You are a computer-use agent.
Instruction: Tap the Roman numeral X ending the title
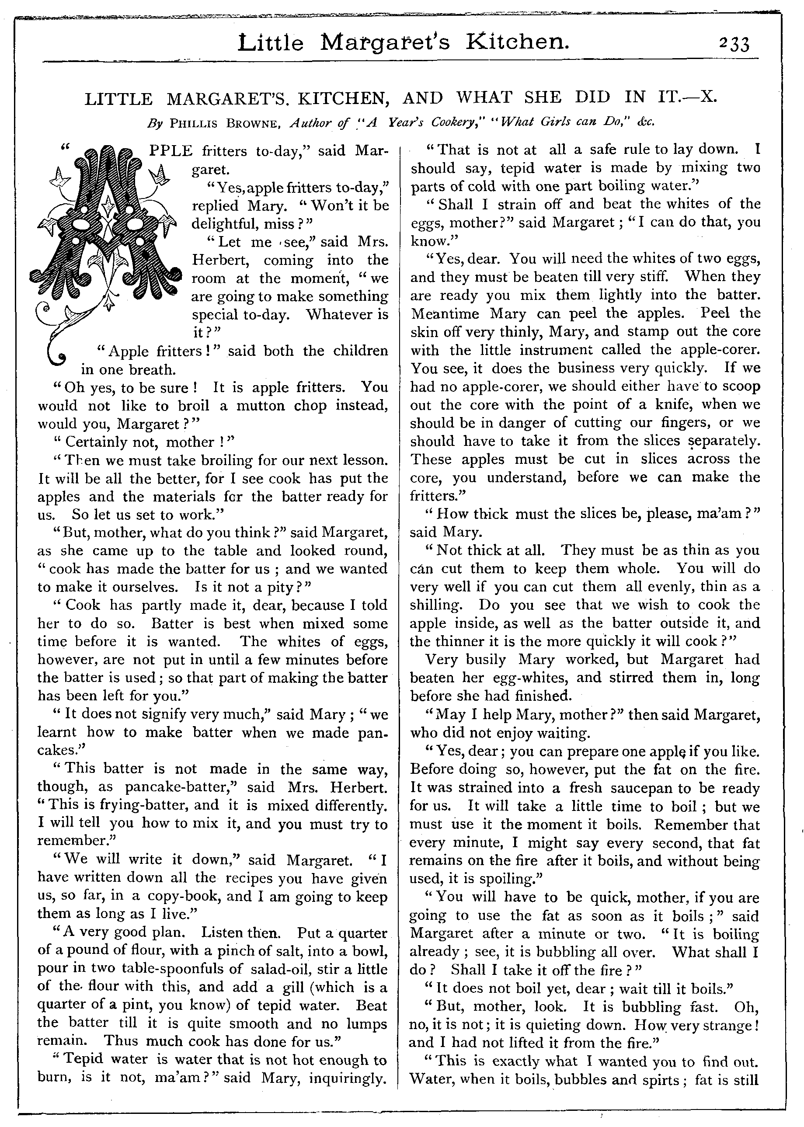coord(709,97)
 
